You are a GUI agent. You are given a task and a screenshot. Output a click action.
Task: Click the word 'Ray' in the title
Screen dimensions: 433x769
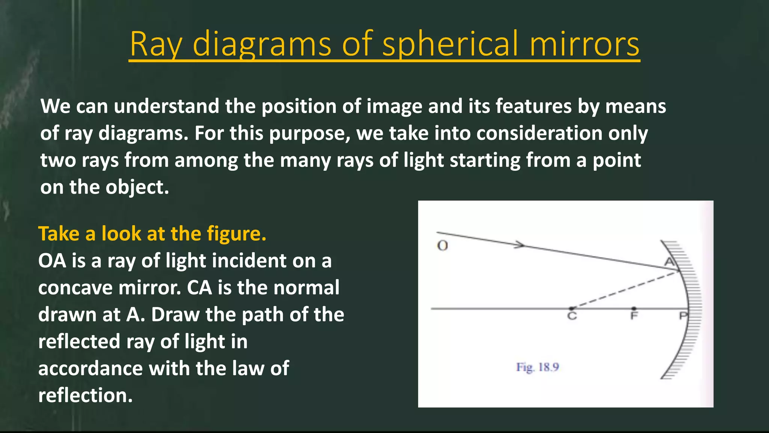tap(156, 44)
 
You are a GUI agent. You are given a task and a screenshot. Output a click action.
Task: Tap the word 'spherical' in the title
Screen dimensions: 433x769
tap(451, 44)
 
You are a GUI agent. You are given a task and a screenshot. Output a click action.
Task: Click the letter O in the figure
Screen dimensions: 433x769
tap(443, 246)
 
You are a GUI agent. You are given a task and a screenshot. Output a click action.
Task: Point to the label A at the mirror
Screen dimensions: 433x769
tap(669, 262)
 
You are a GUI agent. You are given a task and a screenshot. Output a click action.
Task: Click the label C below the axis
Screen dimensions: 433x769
tap(572, 316)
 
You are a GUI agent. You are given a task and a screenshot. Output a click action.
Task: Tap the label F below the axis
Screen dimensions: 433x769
tap(634, 316)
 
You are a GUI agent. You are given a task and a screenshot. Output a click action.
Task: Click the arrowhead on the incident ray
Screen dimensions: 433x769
tap(520, 245)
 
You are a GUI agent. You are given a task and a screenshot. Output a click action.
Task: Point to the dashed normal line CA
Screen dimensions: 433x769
tap(623, 290)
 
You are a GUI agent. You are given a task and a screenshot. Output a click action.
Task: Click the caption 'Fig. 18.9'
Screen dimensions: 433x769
tap(538, 367)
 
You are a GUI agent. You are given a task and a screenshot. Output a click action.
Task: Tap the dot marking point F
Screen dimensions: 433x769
tap(634, 309)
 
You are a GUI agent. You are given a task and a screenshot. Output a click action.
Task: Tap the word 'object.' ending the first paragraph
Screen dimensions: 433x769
tap(137, 187)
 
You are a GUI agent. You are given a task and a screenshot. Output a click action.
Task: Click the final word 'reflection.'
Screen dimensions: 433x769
tap(86, 395)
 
